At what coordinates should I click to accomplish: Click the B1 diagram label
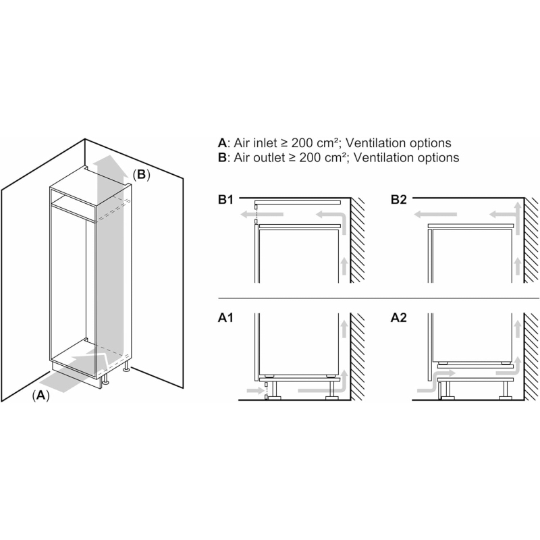coord(225,200)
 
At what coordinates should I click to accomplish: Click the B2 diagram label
coord(399,200)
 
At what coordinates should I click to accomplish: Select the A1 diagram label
coord(225,318)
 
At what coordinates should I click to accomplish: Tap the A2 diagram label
coord(399,318)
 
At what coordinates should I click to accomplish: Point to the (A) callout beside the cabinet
coord(41,396)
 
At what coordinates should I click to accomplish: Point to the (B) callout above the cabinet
coord(142,175)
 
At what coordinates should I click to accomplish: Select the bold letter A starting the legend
coord(222,143)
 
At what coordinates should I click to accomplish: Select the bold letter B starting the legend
coord(222,157)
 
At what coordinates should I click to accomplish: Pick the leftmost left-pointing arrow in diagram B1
coord(262,215)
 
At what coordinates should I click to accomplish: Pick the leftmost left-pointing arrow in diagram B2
coord(435,215)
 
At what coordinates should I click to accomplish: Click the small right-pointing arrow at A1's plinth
coord(255,391)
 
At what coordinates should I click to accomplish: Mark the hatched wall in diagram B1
coord(358,240)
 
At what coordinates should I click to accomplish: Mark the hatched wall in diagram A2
coord(531,356)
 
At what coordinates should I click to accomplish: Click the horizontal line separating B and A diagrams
coord(379,298)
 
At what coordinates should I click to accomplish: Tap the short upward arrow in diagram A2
coord(517,329)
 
